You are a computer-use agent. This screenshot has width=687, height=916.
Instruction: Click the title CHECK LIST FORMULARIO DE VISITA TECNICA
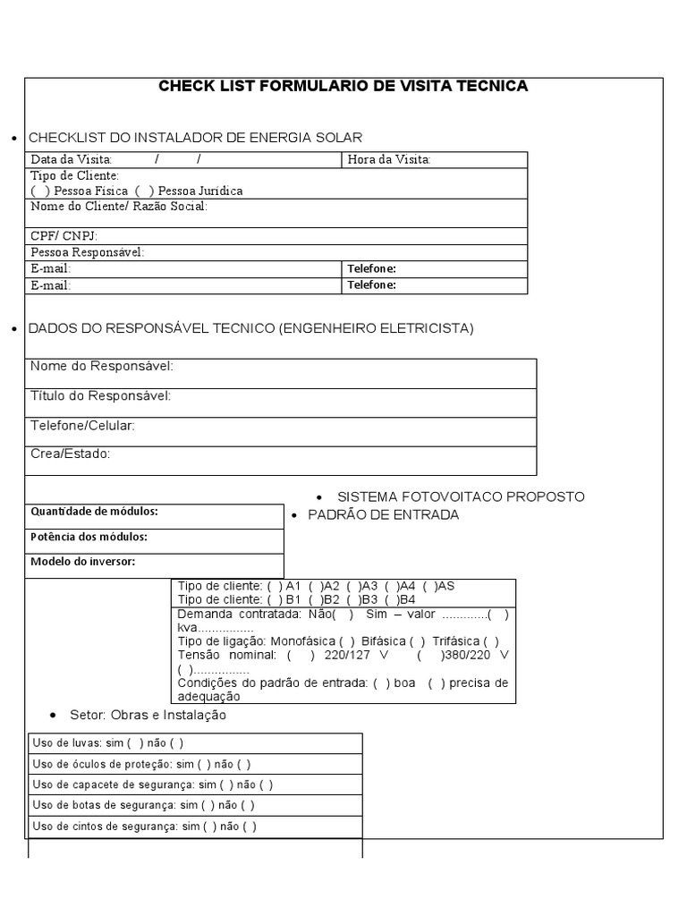(x=343, y=87)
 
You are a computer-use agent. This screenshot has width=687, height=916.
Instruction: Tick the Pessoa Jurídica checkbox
(x=144, y=191)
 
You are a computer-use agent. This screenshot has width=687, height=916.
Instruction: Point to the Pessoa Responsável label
(x=87, y=252)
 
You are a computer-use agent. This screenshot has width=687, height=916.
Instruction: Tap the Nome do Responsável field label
(x=102, y=367)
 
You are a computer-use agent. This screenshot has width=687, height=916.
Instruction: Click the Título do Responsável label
(x=100, y=396)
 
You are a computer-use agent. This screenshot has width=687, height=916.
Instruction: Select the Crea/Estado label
(x=70, y=454)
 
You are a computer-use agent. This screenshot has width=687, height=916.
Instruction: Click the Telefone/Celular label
(x=82, y=426)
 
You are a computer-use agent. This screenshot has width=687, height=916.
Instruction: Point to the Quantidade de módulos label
(x=94, y=512)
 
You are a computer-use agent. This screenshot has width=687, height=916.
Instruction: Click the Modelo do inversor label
(x=82, y=562)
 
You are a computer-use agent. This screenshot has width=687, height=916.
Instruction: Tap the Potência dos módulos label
(x=89, y=537)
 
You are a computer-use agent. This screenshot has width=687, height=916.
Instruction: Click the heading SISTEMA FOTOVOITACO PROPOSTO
(x=460, y=496)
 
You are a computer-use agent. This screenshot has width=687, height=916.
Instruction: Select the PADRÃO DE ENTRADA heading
(x=383, y=515)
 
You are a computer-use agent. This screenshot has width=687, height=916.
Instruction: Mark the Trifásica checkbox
(x=491, y=641)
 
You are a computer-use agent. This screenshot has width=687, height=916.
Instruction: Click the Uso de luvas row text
(x=107, y=743)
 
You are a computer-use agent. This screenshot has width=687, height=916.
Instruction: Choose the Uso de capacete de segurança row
(x=152, y=785)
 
